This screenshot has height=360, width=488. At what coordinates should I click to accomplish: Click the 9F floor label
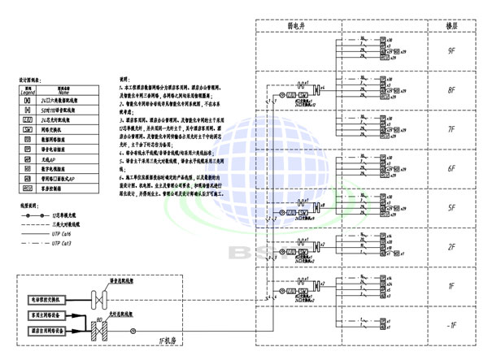[x=452, y=51]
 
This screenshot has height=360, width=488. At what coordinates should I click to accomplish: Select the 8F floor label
[x=452, y=91]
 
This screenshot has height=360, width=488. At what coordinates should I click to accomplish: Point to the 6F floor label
[x=452, y=169]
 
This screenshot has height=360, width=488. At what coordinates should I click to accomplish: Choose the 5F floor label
[x=452, y=208]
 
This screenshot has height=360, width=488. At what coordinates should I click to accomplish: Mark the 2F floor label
[x=452, y=247]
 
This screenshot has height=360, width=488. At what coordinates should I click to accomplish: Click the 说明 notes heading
[x=124, y=80]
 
